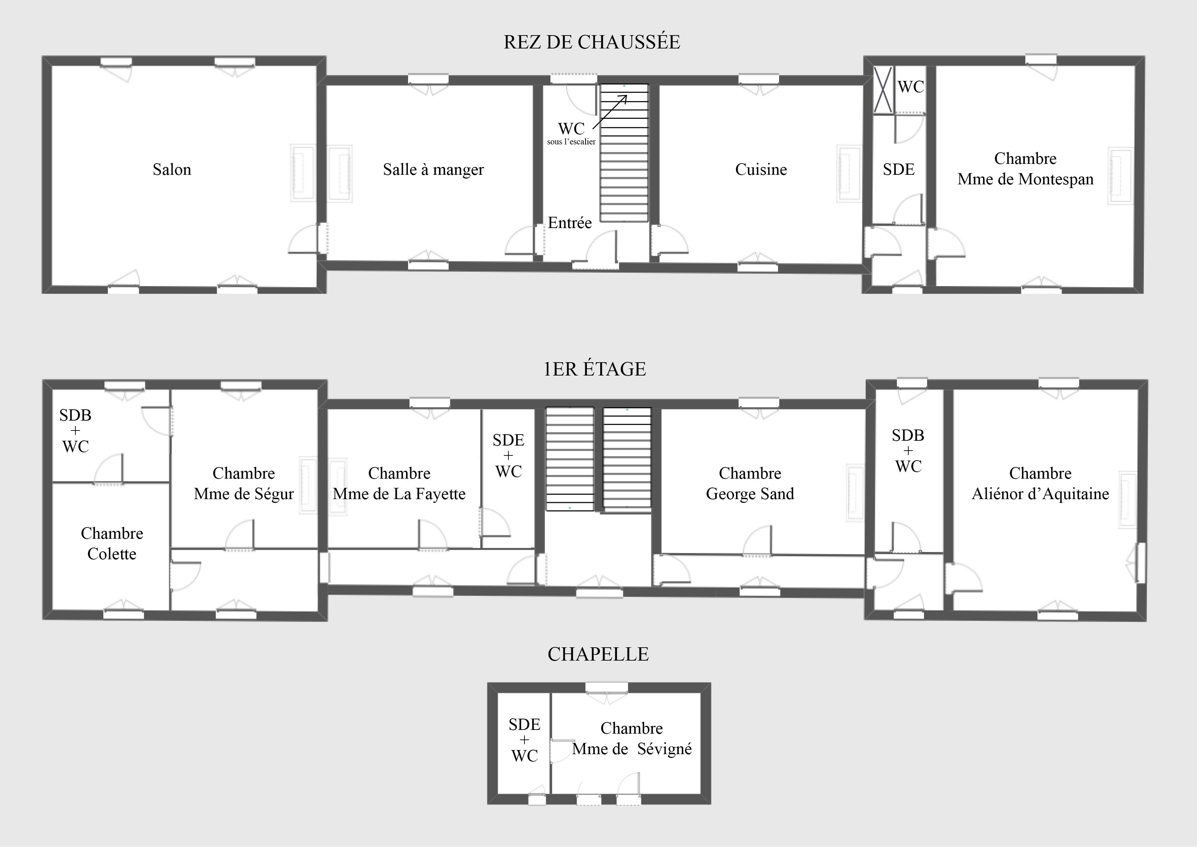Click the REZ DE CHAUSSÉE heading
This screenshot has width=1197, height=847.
(x=592, y=42)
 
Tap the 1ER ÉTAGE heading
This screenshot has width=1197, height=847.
(x=595, y=369)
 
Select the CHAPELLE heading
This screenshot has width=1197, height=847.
(x=598, y=654)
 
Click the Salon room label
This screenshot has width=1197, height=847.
(x=172, y=170)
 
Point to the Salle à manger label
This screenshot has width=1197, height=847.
(x=433, y=170)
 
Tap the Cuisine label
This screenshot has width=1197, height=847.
(x=761, y=170)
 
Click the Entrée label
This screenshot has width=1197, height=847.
(x=570, y=223)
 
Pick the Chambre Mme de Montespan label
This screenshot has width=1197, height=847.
(x=1025, y=168)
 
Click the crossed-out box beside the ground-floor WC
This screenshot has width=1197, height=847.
(x=883, y=90)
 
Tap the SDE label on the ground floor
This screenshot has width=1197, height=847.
(x=899, y=170)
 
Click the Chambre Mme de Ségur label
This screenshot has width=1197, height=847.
(x=244, y=483)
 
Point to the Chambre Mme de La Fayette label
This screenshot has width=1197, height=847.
(x=399, y=483)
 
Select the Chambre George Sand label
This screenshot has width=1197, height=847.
(x=750, y=483)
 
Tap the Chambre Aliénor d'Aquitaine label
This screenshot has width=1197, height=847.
(x=1041, y=483)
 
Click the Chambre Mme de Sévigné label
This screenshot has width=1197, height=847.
(x=632, y=738)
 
